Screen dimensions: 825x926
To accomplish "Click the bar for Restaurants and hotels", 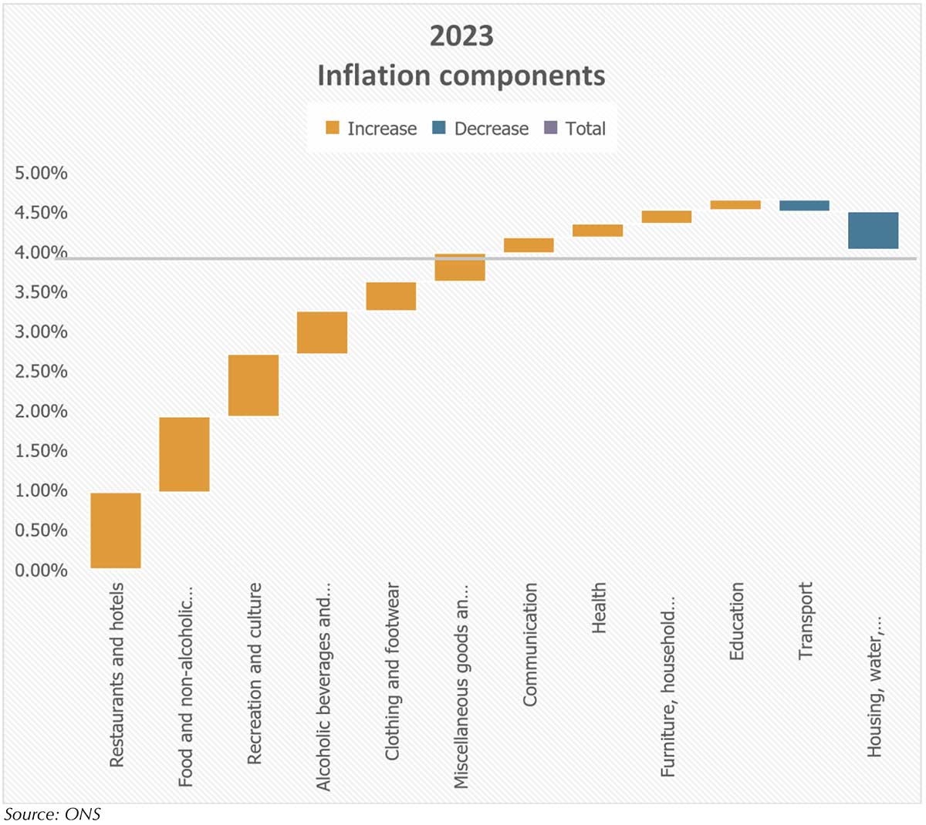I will [116, 530].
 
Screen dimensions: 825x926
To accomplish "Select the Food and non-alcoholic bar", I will [184, 454].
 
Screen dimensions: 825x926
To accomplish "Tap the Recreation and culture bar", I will [254, 386].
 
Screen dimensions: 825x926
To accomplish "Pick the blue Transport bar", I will [804, 206].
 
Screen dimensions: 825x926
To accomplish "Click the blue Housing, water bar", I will [873, 231].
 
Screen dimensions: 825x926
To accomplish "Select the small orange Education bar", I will [735, 205].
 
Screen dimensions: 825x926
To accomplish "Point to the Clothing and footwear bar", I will [391, 296].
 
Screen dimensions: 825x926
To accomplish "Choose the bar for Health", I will [597, 231].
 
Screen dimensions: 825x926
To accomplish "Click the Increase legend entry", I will [371, 129].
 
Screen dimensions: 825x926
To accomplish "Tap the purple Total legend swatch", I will [550, 128].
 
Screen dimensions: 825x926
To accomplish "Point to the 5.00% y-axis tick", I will [42, 173].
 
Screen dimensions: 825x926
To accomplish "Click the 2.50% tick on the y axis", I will [42, 372].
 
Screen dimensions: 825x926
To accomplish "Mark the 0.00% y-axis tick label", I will [42, 571].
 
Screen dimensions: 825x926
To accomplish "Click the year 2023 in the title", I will [461, 36].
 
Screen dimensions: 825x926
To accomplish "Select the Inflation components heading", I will [461, 76].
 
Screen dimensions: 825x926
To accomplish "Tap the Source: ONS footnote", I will [52, 813].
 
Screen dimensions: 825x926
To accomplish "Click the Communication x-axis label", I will [530, 644].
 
